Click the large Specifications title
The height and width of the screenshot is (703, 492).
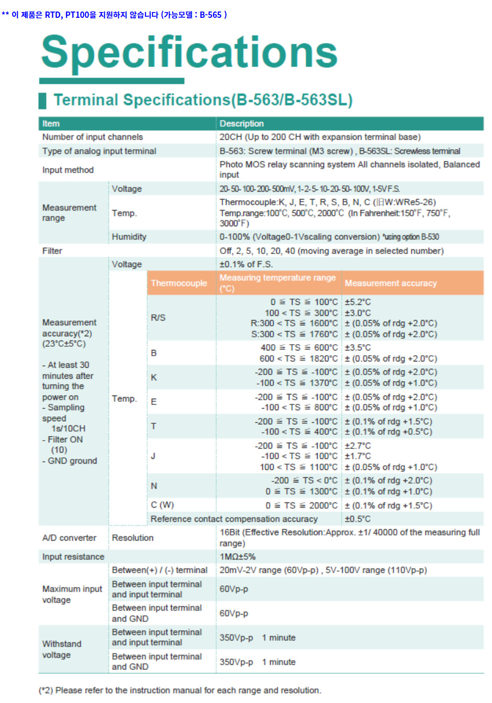click(x=189, y=52)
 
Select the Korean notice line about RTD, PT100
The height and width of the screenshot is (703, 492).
click(x=114, y=15)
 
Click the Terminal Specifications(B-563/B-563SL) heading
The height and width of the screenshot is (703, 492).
click(x=203, y=100)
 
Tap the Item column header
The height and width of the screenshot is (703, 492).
click(x=51, y=124)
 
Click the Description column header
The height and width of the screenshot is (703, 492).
click(x=241, y=124)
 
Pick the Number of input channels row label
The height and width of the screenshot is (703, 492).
click(x=93, y=137)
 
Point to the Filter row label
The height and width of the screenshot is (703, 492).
click(x=52, y=251)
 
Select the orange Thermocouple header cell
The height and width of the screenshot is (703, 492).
click(x=179, y=283)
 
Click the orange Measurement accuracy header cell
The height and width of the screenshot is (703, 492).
click(x=390, y=283)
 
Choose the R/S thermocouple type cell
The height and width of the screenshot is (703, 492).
click(x=158, y=317)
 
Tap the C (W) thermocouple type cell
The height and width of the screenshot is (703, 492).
click(x=162, y=505)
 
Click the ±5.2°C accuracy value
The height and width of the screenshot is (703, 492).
click(x=357, y=302)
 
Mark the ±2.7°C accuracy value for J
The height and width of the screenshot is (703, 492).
click(x=357, y=446)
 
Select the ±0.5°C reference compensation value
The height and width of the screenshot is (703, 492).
click(x=357, y=519)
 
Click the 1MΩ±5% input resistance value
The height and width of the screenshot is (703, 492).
click(x=238, y=556)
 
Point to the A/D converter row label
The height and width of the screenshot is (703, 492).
click(x=69, y=537)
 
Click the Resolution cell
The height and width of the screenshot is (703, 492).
click(x=132, y=537)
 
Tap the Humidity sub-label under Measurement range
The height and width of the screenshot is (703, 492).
click(x=129, y=237)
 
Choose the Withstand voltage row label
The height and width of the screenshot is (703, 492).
click(x=62, y=649)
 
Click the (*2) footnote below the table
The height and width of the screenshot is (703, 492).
click(x=180, y=690)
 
